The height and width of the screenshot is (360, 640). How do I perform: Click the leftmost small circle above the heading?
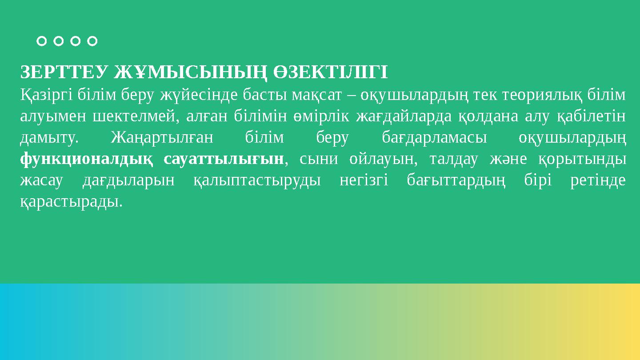(x=41, y=41)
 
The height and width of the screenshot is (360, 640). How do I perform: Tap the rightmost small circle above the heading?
(x=92, y=41)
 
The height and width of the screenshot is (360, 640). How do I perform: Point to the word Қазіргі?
(x=47, y=94)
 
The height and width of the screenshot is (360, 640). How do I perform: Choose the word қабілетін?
(x=592, y=116)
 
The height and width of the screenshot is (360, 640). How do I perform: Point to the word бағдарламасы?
(x=434, y=138)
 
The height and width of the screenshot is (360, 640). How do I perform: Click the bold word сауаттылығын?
(x=223, y=159)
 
